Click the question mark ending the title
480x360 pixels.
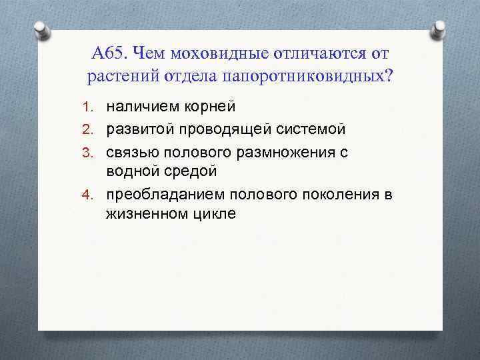coord(389,75)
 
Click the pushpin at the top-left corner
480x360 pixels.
coord(40,29)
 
